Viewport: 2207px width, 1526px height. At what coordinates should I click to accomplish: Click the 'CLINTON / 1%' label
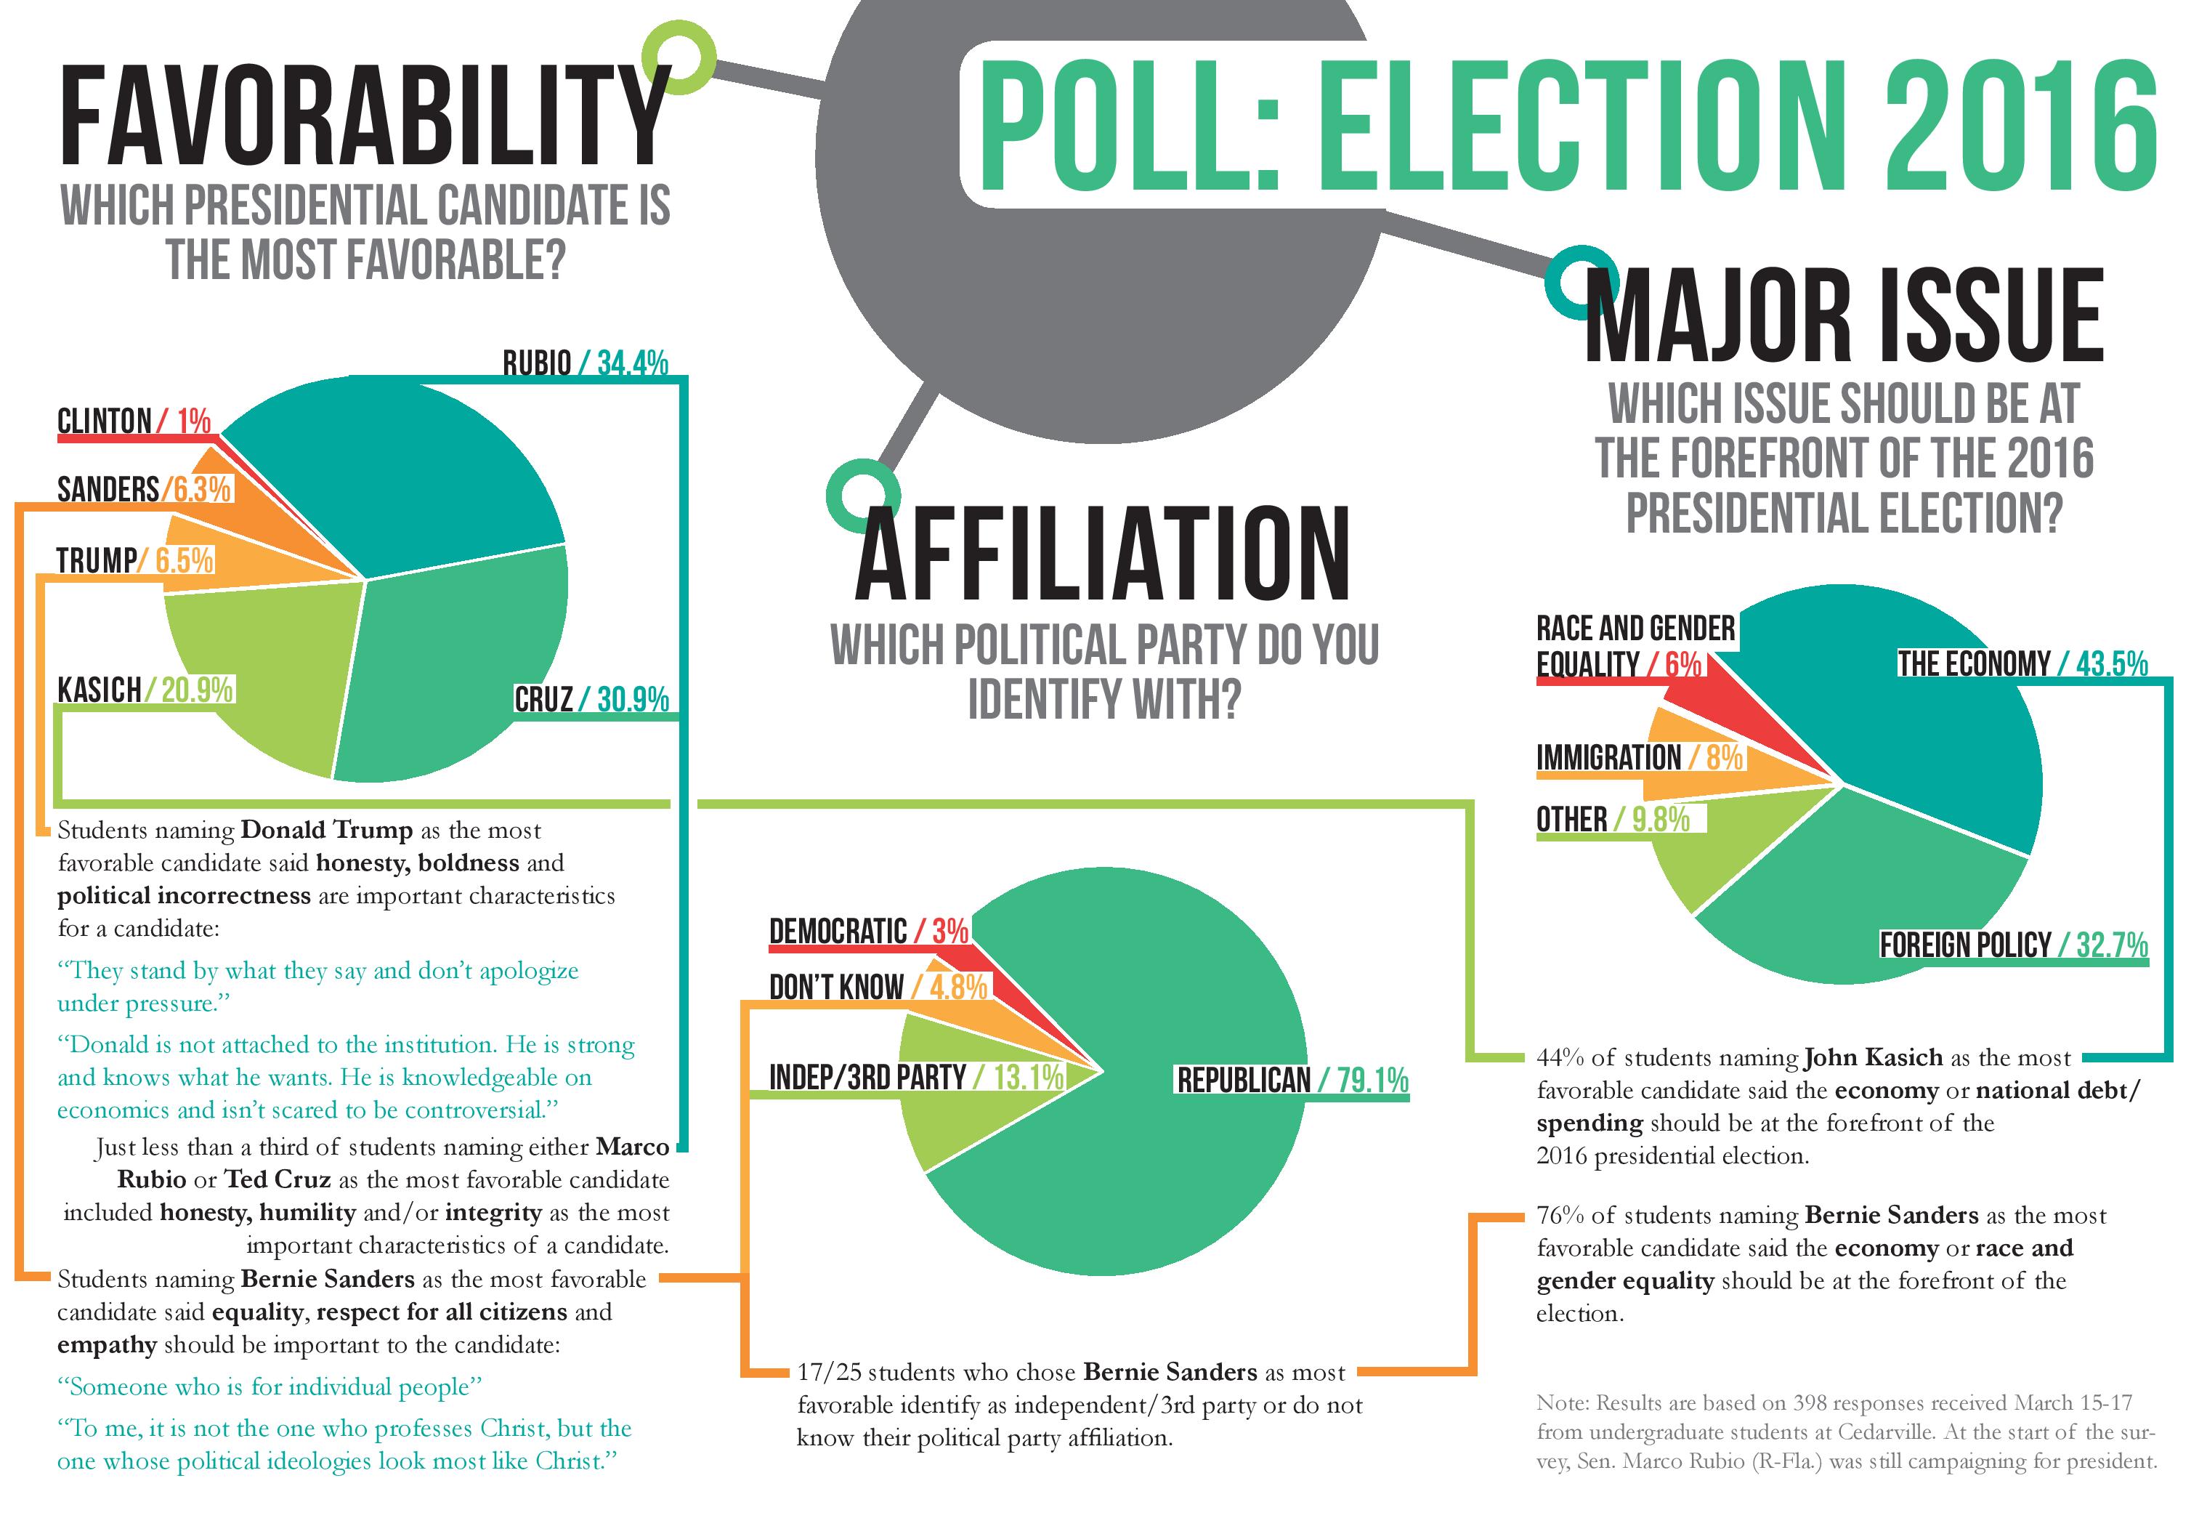pyautogui.click(x=134, y=421)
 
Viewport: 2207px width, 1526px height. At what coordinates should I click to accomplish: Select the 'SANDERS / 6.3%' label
pyautogui.click(x=143, y=490)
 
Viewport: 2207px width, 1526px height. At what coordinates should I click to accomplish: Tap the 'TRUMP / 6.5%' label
pyautogui.click(x=134, y=560)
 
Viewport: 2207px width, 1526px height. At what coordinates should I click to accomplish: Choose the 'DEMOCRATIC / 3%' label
pyautogui.click(x=868, y=932)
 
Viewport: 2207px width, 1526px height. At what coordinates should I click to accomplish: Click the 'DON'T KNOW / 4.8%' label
pyautogui.click(x=878, y=987)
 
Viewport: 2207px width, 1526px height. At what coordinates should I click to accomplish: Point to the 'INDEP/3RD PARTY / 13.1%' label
pyautogui.click(x=915, y=1078)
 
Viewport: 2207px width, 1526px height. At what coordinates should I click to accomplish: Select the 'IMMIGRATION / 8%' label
pyautogui.click(x=1638, y=758)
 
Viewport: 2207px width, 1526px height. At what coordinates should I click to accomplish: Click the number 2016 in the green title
pyautogui.click(x=2017, y=124)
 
